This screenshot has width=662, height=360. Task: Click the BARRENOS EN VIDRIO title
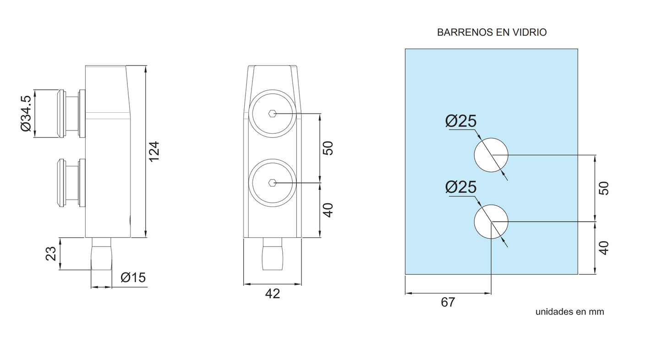(492, 32)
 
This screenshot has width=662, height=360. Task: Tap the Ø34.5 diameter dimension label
(26, 113)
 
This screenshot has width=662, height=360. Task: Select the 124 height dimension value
(154, 151)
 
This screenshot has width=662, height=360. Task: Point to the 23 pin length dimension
(51, 254)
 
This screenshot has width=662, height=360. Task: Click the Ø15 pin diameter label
(133, 278)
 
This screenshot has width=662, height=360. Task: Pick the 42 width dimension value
(273, 294)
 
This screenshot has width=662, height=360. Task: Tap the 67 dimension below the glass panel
(448, 302)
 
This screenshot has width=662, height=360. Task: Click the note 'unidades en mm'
(569, 312)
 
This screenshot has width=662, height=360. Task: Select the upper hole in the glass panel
(491, 155)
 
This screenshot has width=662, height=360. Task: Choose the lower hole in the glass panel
(491, 222)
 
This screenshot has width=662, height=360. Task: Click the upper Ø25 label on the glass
(461, 121)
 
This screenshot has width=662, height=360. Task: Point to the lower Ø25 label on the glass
(461, 187)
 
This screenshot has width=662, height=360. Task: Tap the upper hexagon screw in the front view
(273, 114)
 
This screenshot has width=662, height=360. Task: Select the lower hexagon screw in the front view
(273, 183)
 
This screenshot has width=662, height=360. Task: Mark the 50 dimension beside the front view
(328, 148)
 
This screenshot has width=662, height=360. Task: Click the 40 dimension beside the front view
(328, 210)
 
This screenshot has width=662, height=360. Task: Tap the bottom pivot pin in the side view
(101, 254)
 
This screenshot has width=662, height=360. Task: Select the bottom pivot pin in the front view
(273, 254)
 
